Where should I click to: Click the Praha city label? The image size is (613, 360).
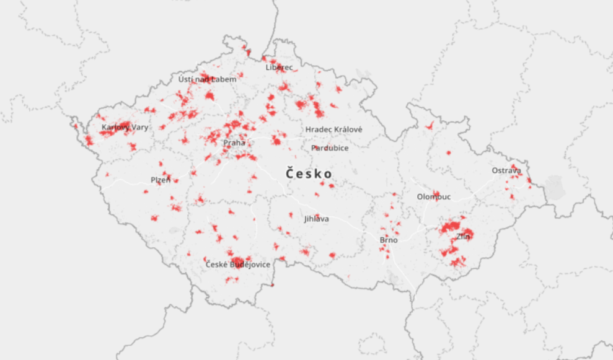coord(234,143)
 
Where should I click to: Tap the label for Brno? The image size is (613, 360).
coord(389,240)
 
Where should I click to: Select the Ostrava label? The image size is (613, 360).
coord(506,170)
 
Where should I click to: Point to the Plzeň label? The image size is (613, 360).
coord(161,180)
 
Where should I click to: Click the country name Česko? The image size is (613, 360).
coord(309,174)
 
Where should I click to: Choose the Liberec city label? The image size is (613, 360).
coord(279,67)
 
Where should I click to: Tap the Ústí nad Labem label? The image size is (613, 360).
coord(207,79)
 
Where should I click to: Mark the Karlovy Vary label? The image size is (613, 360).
coord(125,128)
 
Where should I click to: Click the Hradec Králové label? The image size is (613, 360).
coord(333,130)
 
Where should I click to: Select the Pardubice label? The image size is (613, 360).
coord(330,148)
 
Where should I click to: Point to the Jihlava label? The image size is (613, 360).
coord(317,219)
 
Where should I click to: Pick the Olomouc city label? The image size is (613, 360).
coord(434,197)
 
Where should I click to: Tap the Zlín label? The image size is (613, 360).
coord(463,237)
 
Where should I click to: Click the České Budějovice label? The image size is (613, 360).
coord(238,265)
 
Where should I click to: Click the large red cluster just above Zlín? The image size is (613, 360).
coord(453,227)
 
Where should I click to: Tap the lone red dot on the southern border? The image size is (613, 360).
coord(272,285)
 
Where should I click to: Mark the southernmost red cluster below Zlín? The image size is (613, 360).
coord(458,263)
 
